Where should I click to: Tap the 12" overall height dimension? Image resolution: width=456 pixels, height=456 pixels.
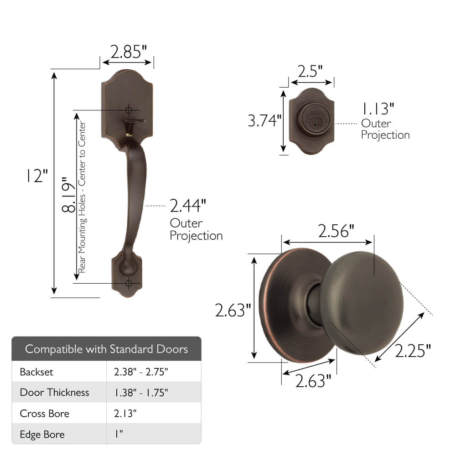pyautogui.click(x=37, y=176)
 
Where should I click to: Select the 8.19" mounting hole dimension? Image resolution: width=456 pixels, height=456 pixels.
pyautogui.click(x=68, y=195)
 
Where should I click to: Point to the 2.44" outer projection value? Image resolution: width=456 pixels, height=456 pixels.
pyautogui.click(x=188, y=206)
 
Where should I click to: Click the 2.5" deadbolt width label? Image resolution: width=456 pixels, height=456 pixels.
pyautogui.click(x=310, y=72)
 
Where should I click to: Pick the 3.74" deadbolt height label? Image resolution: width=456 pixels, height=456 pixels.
pyautogui.click(x=264, y=121)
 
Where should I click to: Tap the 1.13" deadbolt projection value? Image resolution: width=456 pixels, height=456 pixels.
pyautogui.click(x=378, y=109)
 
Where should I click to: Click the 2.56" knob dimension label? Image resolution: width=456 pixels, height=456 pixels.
pyautogui.click(x=336, y=232)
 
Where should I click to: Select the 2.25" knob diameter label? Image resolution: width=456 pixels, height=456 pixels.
pyautogui.click(x=413, y=352)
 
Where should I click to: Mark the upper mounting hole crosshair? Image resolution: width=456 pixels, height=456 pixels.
pyautogui.click(x=129, y=110)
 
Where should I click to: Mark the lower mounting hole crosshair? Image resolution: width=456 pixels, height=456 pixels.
pyautogui.click(x=129, y=283)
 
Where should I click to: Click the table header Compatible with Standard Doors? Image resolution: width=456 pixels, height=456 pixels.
pyautogui.click(x=106, y=349)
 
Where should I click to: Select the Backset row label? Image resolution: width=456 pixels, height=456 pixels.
pyautogui.click(x=36, y=372)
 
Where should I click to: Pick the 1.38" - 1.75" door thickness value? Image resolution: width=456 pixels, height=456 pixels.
pyautogui.click(x=141, y=392)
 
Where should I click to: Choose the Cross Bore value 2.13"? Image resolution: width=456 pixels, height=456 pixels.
pyautogui.click(x=125, y=414)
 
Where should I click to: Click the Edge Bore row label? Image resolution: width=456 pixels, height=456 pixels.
pyautogui.click(x=42, y=435)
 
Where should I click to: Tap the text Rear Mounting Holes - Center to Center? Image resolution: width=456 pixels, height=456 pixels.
pyautogui.click(x=82, y=197)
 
